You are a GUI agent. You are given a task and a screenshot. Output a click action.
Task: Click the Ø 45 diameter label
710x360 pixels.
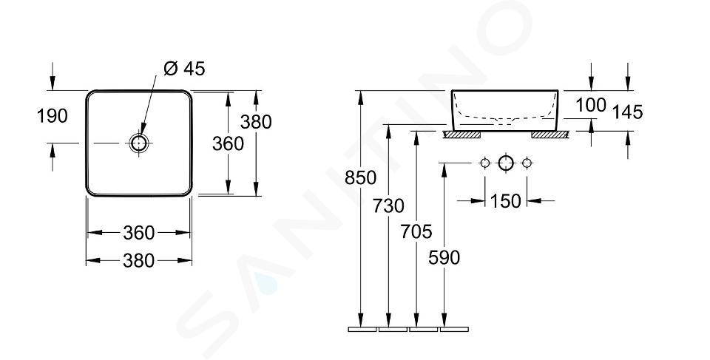pyautogui.click(x=184, y=69)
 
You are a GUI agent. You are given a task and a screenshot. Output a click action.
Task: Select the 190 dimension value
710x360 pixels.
pyautogui.click(x=52, y=116)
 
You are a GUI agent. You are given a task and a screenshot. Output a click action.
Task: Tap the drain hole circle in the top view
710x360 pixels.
pyautogui.click(x=138, y=143)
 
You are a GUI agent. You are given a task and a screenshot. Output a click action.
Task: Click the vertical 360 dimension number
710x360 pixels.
pyautogui.click(x=229, y=144)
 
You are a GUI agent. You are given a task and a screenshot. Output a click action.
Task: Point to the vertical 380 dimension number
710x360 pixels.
pyautogui.click(x=256, y=122)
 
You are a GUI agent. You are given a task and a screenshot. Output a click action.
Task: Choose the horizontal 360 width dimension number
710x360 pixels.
pyautogui.click(x=138, y=233)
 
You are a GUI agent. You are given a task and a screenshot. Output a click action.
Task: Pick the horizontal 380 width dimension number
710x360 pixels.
pyautogui.click(x=138, y=261)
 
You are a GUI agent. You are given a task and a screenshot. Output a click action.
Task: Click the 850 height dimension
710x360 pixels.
pyautogui.click(x=360, y=178)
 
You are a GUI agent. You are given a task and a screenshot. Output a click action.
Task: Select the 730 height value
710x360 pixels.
pyautogui.click(x=388, y=206)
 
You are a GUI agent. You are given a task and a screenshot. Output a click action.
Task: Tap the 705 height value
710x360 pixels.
pyautogui.click(x=416, y=232)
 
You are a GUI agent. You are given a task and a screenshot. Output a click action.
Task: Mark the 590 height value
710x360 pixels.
pyautogui.click(x=444, y=258)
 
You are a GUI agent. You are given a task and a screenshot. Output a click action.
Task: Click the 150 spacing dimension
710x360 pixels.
pyautogui.click(x=506, y=201)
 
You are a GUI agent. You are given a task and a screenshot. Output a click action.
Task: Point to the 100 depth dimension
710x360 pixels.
pyautogui.click(x=591, y=106)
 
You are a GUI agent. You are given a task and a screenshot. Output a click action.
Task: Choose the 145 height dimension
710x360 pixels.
pyautogui.click(x=628, y=112)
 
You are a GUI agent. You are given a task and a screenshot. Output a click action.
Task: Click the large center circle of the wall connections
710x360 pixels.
pyautogui.click(x=506, y=163)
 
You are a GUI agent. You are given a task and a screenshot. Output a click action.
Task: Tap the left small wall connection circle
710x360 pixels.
pyautogui.click(x=485, y=163)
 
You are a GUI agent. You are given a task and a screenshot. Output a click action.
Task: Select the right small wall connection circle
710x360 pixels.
pyautogui.click(x=527, y=163)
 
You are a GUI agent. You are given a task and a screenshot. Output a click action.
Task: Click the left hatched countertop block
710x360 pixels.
pyautogui.click(x=461, y=135)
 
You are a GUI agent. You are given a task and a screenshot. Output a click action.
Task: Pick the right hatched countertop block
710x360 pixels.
pyautogui.click(x=550, y=135)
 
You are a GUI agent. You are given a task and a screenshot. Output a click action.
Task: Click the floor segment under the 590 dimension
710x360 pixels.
pyautogui.click(x=454, y=329)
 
